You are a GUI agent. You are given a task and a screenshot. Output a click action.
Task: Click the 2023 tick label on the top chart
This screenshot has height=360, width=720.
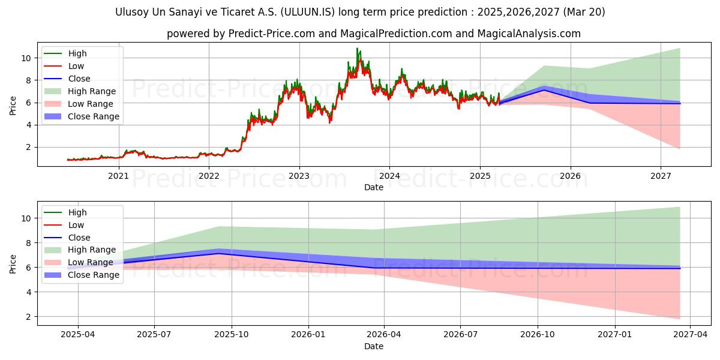click(x=299, y=176)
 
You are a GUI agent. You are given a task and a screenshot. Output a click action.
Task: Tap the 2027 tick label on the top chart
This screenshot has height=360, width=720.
click(x=661, y=176)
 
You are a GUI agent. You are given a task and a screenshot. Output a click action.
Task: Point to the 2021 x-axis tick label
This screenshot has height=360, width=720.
click(x=118, y=176)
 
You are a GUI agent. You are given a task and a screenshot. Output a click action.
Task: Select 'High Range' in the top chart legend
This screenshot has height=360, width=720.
click(x=92, y=91)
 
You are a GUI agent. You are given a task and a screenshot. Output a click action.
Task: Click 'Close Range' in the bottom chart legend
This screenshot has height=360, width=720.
click(x=94, y=275)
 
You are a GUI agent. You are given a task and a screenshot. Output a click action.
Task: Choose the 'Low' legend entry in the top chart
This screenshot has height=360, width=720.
click(x=76, y=66)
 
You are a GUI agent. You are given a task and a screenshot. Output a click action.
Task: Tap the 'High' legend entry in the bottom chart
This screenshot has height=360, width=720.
click(x=77, y=212)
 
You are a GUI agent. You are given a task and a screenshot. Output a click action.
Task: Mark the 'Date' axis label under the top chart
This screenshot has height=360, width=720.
click(x=373, y=187)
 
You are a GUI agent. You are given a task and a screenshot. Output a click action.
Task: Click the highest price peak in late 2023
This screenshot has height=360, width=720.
click(x=357, y=49)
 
